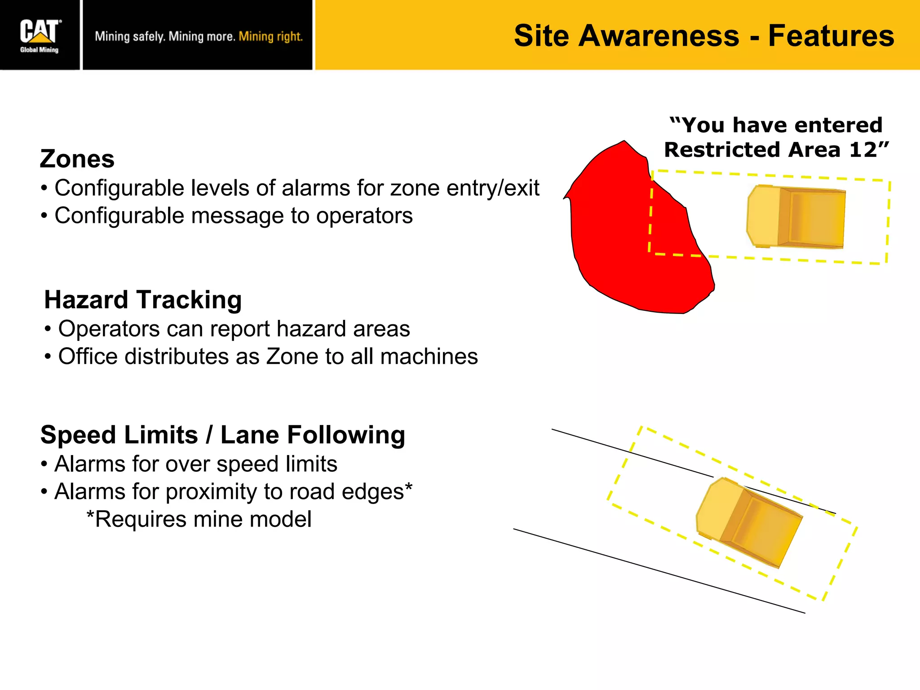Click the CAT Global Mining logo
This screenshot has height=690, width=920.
(x=40, y=35)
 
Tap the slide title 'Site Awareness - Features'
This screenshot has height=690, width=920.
(x=704, y=36)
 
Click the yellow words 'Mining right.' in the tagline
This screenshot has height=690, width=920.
(x=270, y=36)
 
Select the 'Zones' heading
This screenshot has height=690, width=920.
(x=77, y=159)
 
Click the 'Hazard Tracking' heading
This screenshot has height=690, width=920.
(x=143, y=300)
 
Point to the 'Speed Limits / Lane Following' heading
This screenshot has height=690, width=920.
(x=223, y=435)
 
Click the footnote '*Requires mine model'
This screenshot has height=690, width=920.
(x=199, y=519)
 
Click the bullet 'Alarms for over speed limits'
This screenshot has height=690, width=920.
(x=196, y=464)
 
